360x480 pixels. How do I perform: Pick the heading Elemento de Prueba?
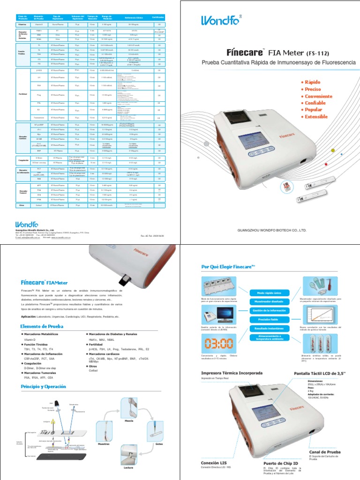click(x=41, y=326)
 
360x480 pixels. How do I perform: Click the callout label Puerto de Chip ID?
click(x=281, y=464)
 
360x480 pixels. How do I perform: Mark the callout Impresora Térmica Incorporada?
click(x=232, y=373)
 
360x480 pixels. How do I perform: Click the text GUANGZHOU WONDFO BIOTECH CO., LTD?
click(x=272, y=230)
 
